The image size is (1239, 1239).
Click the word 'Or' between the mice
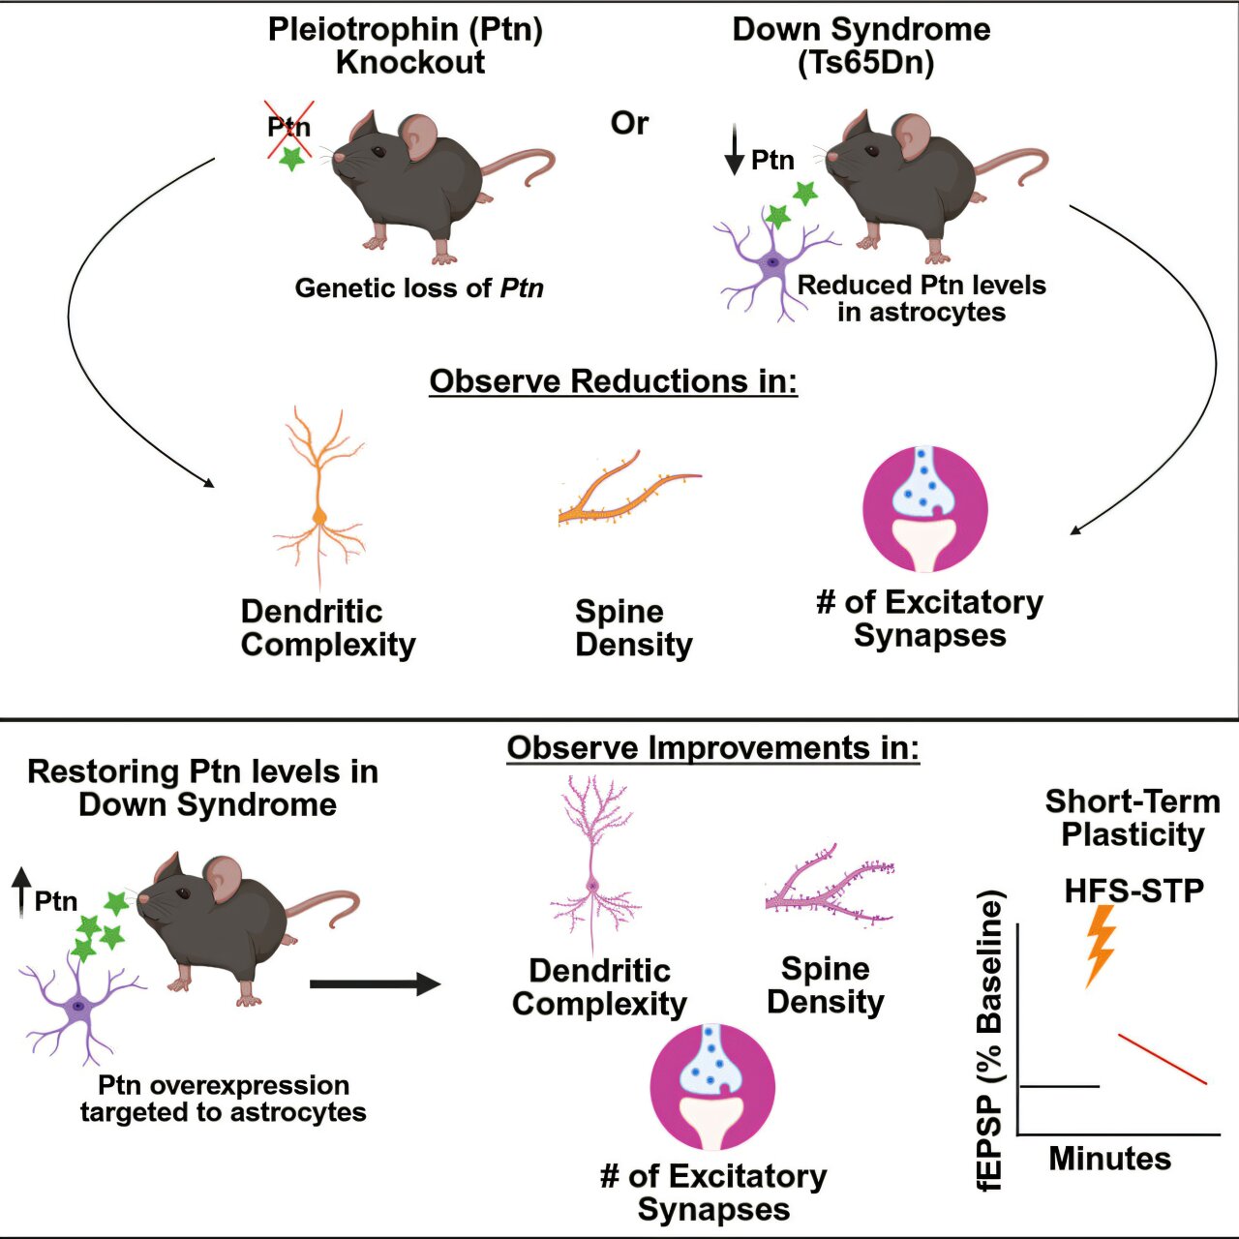[x=629, y=124]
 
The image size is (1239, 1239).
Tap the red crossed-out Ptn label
[x=288, y=128]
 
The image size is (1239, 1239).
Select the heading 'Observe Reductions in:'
[x=613, y=381]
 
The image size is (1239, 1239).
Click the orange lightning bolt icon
[x=1101, y=945]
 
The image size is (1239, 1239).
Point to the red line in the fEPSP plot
[x=1163, y=1059]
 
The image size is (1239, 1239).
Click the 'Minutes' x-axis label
[x=1109, y=1159]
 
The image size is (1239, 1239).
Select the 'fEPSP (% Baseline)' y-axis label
[x=989, y=1041]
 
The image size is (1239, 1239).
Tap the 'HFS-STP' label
[x=1133, y=891]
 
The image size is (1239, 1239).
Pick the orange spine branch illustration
[x=629, y=489]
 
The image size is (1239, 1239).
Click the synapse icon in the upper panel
[x=924, y=509]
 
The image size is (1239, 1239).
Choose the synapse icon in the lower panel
[x=711, y=1087]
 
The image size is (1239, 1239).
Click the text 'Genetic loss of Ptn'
[x=419, y=288]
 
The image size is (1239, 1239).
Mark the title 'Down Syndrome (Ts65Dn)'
[x=861, y=45]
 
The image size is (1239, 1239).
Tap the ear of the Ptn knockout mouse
[x=420, y=136]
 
